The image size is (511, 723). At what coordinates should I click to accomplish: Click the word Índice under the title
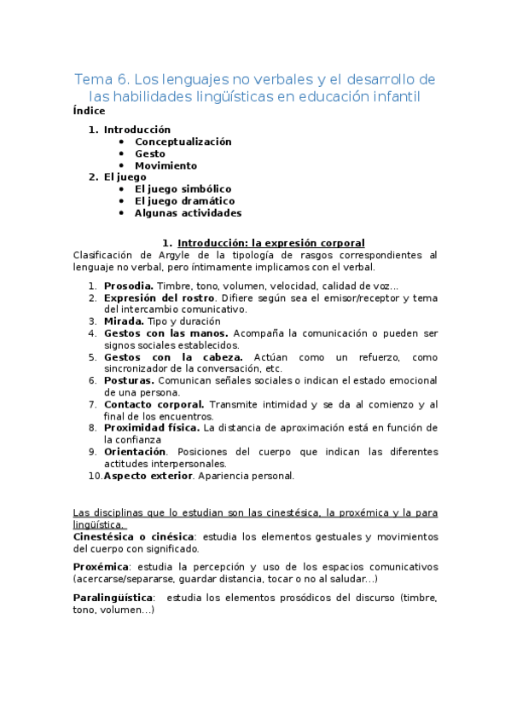coord(89,111)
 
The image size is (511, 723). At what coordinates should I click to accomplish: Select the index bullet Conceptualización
coord(183,142)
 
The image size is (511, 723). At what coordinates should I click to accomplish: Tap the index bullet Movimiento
coord(165,165)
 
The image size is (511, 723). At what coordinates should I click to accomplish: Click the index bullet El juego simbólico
coord(183,188)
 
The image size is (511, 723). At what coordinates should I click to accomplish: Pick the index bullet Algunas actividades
coord(188,212)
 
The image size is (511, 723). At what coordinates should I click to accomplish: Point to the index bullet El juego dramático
coord(184,200)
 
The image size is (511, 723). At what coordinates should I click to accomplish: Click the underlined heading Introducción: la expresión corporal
coord(270,243)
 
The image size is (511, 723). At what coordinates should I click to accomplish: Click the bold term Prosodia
coord(129,286)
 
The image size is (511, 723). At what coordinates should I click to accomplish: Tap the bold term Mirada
coord(124,321)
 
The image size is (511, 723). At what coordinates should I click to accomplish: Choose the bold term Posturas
coord(128,380)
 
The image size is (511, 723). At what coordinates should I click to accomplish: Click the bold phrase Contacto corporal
coord(154,404)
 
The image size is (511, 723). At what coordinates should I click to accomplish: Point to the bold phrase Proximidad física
coord(152,428)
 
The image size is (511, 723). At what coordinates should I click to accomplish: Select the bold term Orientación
coord(135,451)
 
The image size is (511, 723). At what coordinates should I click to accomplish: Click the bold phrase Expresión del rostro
coord(158,298)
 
